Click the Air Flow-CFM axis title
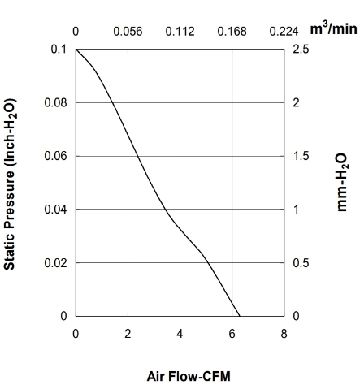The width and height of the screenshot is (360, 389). click(189, 376)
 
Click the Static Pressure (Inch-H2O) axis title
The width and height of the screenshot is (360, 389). click(10, 184)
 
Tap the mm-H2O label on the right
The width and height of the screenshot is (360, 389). click(342, 182)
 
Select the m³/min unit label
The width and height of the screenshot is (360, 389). click(333, 28)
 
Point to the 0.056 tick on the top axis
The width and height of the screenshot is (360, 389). click(128, 32)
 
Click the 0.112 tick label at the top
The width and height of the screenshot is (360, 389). click(180, 32)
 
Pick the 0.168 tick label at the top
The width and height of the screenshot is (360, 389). click(232, 32)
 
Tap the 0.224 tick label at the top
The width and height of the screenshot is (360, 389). click(284, 32)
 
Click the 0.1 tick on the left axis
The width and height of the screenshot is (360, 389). click(59, 50)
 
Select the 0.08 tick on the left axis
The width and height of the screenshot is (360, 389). click(55, 103)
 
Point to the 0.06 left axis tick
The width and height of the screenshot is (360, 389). click(55, 156)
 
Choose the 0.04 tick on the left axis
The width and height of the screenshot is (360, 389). click(55, 210)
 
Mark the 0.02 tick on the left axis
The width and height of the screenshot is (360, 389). click(55, 263)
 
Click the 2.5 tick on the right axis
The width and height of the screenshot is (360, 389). click(301, 50)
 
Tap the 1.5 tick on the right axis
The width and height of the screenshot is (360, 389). click(301, 156)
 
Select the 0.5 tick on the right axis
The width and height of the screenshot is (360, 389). click(301, 263)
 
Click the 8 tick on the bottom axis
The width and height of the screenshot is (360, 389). click(284, 334)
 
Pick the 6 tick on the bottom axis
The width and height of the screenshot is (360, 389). click(232, 334)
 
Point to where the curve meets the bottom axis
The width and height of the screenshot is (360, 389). click(240, 316)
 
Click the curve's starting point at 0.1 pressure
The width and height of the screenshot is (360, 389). click(76, 50)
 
